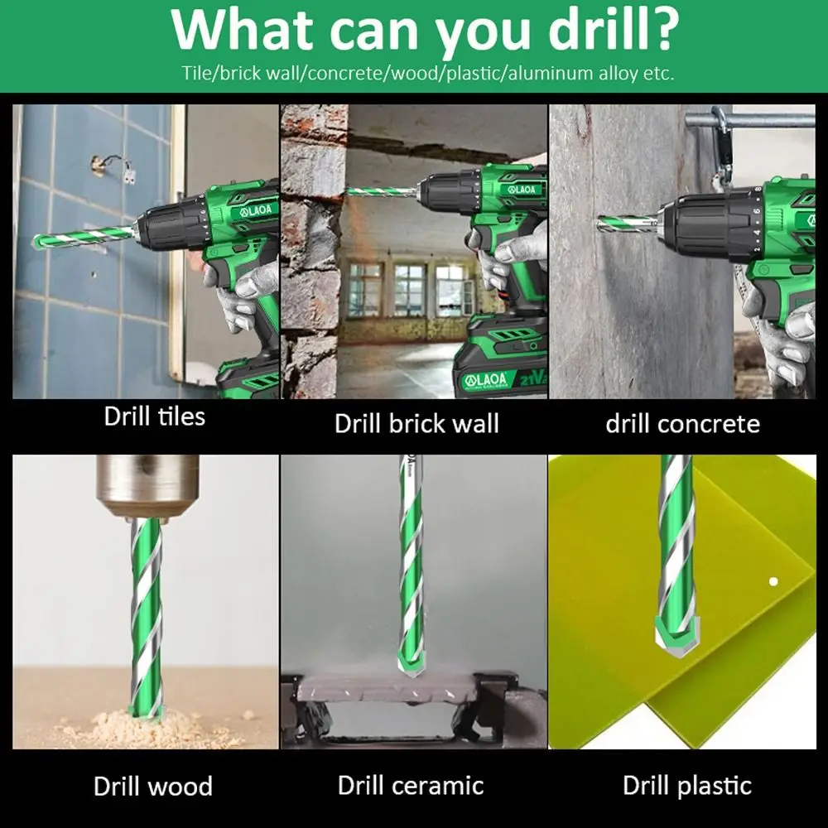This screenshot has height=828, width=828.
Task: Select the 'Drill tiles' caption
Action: coord(154,416)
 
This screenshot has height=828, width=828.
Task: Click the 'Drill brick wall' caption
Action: coord(416,423)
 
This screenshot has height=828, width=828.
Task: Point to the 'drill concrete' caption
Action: coord(683,423)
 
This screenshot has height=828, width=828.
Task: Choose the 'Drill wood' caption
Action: coord(153,787)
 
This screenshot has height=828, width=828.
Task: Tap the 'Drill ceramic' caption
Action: coord(411,785)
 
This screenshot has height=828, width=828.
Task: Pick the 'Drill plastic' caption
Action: coord(687,786)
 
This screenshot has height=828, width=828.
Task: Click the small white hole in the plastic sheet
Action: coord(773,581)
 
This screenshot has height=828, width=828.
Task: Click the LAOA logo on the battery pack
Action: coord(484,380)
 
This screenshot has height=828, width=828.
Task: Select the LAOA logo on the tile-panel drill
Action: coord(256,210)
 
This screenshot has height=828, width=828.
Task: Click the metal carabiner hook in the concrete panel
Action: coord(722,148)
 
